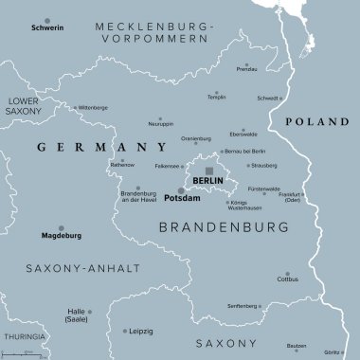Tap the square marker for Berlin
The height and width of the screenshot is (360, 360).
coord(209,171)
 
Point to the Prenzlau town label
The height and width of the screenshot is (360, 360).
coord(246,68)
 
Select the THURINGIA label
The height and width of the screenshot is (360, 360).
coord(21,336)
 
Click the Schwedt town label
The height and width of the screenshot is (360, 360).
coord(268,98)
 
